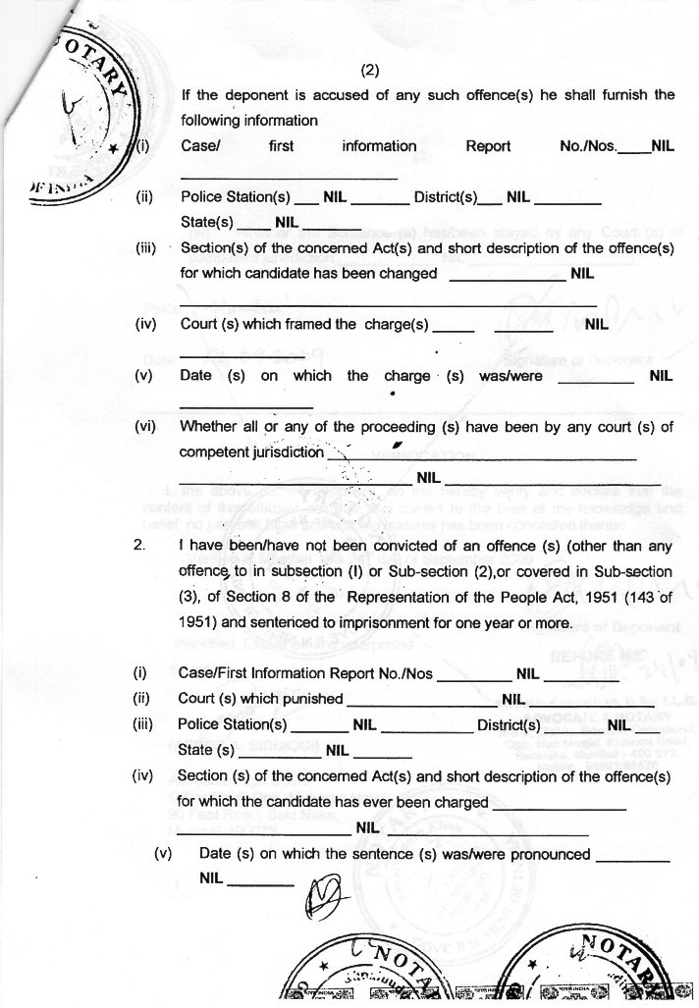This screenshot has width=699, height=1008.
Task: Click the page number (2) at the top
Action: pos(370,70)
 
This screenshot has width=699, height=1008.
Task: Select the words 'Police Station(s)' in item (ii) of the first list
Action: pos(236,196)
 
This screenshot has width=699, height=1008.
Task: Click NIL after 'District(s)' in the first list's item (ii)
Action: pos(517,196)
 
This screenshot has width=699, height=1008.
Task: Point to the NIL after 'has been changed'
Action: pos(582,273)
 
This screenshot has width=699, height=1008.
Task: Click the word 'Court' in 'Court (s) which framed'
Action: pos(200,323)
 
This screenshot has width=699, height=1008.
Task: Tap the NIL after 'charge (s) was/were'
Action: pos(660,375)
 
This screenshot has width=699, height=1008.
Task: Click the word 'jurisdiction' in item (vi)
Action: pos(282,452)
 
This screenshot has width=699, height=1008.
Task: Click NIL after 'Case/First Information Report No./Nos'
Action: pos(528,674)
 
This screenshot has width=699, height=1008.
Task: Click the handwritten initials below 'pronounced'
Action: pos(323,894)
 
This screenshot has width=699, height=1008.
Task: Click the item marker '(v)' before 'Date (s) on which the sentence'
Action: pos(164,854)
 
